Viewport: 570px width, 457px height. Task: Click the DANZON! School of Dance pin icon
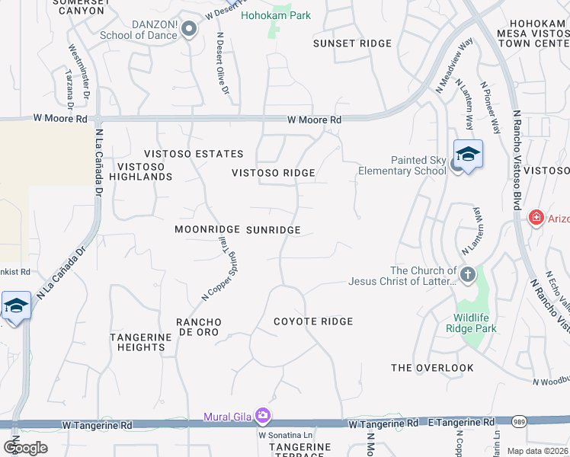point(190,30)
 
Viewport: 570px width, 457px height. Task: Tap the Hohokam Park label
point(276,16)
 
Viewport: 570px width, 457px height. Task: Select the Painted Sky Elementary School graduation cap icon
point(468,155)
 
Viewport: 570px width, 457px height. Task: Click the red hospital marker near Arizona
point(537,219)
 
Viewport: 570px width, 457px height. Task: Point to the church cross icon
point(467,273)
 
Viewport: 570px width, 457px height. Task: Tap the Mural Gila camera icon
point(263,416)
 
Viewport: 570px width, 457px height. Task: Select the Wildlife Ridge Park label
point(476,323)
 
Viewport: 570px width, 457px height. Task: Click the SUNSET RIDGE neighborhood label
point(352,43)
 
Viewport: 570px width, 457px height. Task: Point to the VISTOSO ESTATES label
point(188,154)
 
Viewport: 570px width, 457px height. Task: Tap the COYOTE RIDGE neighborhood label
point(313,321)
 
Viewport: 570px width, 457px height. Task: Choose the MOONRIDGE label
point(207,229)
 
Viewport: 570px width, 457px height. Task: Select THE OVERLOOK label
point(432,368)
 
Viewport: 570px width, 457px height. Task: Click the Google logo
point(25,447)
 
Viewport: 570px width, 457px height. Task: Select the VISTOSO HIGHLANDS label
point(145,171)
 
